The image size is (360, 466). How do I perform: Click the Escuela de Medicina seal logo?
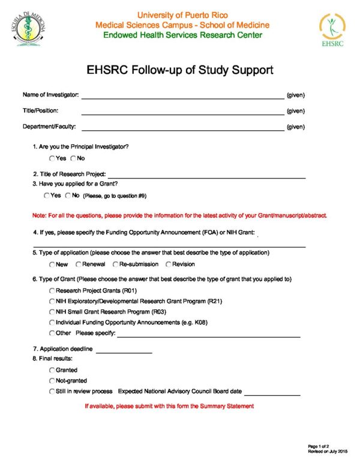pyautogui.click(x=28, y=28)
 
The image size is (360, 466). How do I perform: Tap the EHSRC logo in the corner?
pyautogui.click(x=332, y=29)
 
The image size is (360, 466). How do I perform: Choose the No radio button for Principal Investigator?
pyautogui.click(x=73, y=159)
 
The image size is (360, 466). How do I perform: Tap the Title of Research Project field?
pyautogui.click(x=206, y=175)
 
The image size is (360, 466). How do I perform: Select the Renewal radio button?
pyautogui.click(x=79, y=264)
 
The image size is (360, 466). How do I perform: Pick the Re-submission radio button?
pyautogui.click(x=115, y=264)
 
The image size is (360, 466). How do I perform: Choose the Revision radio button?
pyautogui.click(x=169, y=264)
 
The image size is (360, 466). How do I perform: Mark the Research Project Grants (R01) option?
pyautogui.click(x=52, y=290)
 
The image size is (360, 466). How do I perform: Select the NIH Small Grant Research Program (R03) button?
pyautogui.click(x=52, y=312)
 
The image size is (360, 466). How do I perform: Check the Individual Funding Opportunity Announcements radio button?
pyautogui.click(x=52, y=322)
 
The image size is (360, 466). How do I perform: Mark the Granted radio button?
pyautogui.click(x=52, y=370)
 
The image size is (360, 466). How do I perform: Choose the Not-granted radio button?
pyautogui.click(x=52, y=381)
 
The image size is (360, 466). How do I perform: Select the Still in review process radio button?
pyautogui.click(x=52, y=392)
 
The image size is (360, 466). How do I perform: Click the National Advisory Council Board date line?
pyautogui.click(x=272, y=393)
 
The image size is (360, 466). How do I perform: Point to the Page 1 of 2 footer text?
pyautogui.click(x=318, y=446)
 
